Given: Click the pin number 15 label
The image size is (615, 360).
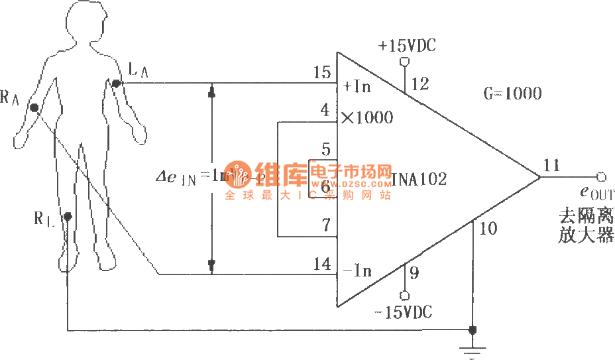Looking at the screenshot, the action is point(322,72).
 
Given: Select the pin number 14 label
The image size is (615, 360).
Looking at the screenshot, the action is point(322,264).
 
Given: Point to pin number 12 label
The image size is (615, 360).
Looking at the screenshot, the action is point(420,84).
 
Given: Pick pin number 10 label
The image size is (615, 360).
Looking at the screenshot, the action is point(487,229).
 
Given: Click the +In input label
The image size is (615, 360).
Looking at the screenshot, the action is point(357,87).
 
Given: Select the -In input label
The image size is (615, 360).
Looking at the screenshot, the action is point(357,270).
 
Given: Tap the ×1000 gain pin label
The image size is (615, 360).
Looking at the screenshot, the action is point(366,118).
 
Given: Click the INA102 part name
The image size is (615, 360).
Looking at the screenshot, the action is point(419,179).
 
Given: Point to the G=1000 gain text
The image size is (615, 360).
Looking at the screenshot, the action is point(512,93).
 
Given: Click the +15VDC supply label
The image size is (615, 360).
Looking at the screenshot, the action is point(407,46).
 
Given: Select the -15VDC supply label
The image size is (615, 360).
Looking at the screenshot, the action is point(402,312).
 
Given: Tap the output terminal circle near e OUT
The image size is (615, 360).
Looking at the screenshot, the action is point(601,176).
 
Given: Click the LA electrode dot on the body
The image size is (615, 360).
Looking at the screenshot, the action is point(116,83).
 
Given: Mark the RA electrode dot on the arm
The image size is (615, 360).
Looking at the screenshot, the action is point(34,107).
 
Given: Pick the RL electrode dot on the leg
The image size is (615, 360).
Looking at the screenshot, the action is point(68,216).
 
